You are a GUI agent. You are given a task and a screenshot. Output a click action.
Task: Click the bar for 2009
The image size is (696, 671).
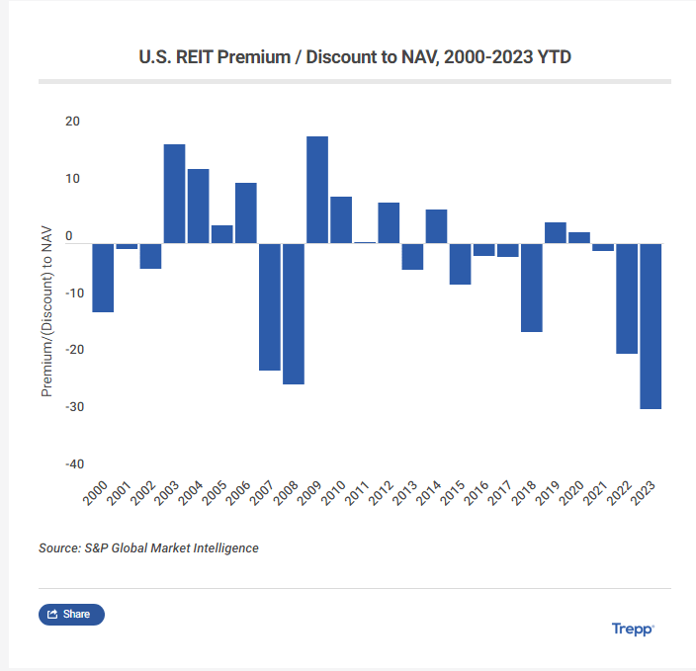(317, 190)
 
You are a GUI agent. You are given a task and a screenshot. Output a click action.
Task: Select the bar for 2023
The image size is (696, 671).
(651, 326)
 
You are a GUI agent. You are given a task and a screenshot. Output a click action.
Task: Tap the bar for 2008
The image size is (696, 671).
(294, 313)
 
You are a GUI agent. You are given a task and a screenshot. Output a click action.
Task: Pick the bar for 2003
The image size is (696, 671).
(174, 194)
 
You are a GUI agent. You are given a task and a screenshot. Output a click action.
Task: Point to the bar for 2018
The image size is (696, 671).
(532, 288)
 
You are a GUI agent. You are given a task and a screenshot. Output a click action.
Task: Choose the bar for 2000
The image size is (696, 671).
(103, 278)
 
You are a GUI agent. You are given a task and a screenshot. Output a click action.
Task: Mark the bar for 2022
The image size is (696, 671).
(627, 298)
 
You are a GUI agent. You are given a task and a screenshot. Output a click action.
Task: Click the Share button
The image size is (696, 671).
(71, 615)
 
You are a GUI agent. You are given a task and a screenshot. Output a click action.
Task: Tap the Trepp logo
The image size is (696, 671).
(633, 629)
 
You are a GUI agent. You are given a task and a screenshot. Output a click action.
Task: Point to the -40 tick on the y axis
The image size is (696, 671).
(75, 464)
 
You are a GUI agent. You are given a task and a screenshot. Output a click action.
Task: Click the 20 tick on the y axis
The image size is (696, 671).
(73, 122)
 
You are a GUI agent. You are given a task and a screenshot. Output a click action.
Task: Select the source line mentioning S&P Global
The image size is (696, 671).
(148, 547)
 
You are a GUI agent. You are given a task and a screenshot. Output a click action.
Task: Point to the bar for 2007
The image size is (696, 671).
(270, 306)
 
